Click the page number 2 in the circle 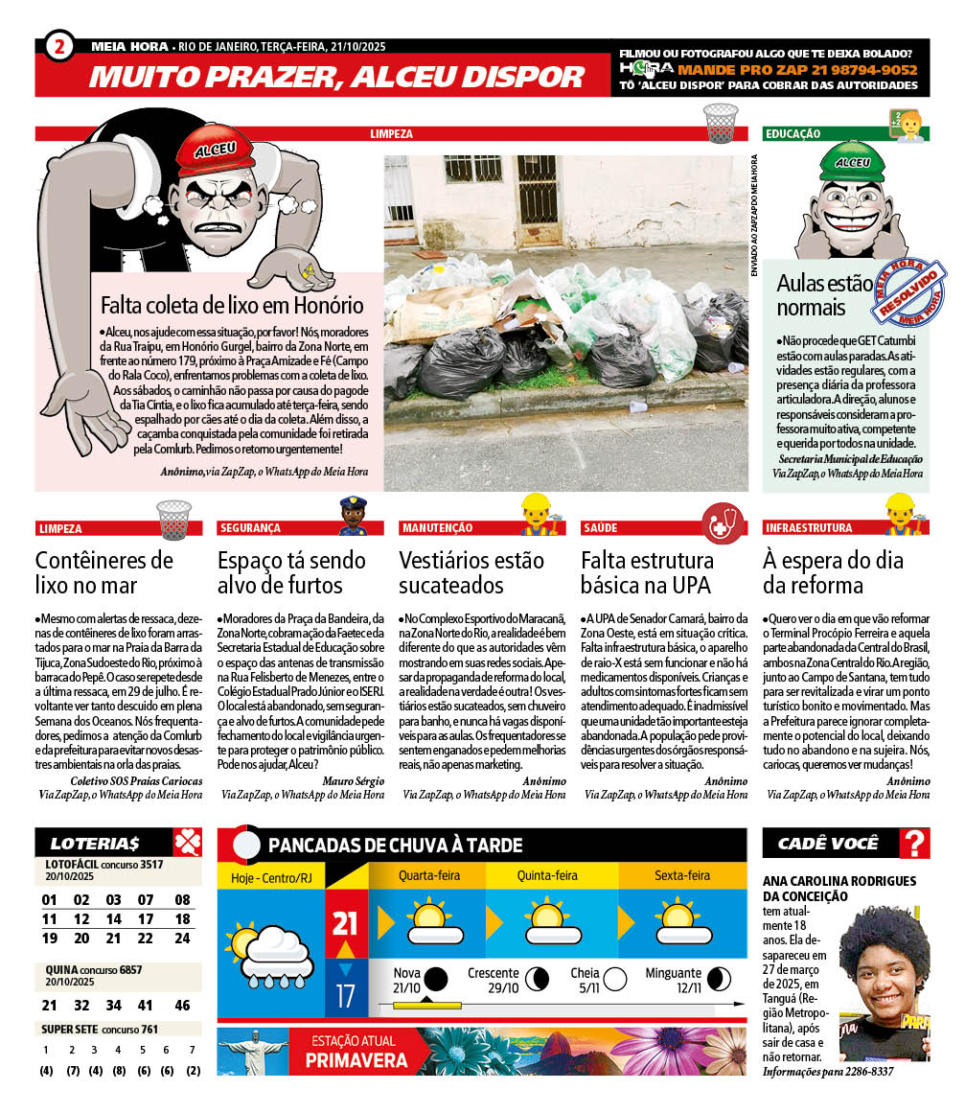pyautogui.click(x=59, y=46)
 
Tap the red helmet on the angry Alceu pyautogui.click(x=214, y=150)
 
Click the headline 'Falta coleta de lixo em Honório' pyautogui.click(x=232, y=306)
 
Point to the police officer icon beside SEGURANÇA pyautogui.click(x=354, y=517)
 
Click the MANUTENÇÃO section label pyautogui.click(x=437, y=528)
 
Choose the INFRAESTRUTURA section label pyautogui.click(x=808, y=528)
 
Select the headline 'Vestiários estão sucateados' pyautogui.click(x=471, y=572)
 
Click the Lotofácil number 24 pyautogui.click(x=182, y=939)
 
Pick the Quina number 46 pyautogui.click(x=182, y=1006)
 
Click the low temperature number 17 pyautogui.click(x=345, y=995)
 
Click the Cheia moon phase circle pyautogui.click(x=614, y=979)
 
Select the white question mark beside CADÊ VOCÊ pyautogui.click(x=916, y=844)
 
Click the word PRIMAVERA pyautogui.click(x=356, y=1060)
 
